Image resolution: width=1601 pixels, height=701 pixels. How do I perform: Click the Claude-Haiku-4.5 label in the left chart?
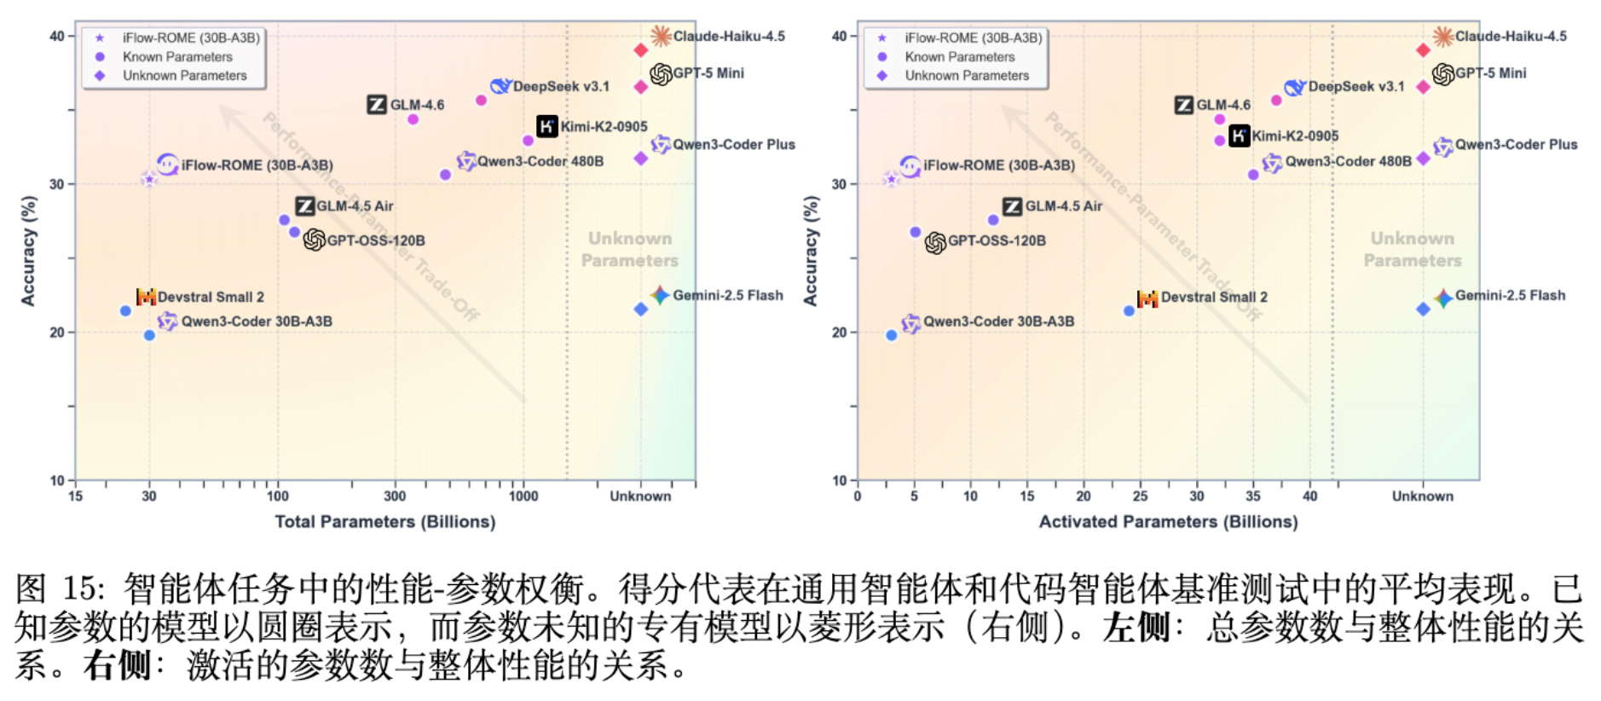coord(729,36)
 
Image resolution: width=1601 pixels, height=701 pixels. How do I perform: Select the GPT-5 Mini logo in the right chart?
coord(1442,74)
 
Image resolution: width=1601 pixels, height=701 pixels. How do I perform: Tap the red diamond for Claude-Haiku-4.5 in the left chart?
coord(641,50)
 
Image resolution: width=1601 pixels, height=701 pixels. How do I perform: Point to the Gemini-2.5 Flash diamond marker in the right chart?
coord(1423,309)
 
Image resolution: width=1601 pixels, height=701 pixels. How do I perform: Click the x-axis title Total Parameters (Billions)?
coord(384,522)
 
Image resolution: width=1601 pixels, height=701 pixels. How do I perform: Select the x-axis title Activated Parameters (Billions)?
coord(1168,522)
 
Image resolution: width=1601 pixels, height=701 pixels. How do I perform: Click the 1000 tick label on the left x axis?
coord(523,496)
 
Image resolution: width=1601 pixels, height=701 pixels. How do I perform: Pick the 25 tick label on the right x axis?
coord(1140,496)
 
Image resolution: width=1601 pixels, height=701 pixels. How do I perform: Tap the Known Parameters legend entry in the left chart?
coord(176,57)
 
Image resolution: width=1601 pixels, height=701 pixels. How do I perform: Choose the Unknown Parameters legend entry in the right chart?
coord(967,76)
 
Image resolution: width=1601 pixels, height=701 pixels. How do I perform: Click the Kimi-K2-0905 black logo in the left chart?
coord(547,126)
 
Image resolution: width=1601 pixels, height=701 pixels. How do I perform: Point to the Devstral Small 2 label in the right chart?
coord(1214,297)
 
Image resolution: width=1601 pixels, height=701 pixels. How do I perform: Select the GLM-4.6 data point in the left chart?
coord(413,119)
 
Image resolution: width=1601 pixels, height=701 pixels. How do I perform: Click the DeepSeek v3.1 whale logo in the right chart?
coord(1295,87)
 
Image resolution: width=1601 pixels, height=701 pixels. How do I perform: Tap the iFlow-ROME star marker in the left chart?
coord(149,179)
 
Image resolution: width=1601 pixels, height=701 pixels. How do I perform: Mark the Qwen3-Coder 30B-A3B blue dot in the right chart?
coord(892,335)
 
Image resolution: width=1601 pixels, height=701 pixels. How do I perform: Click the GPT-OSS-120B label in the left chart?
coord(376,240)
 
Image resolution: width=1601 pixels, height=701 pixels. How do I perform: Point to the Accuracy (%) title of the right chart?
coord(811,251)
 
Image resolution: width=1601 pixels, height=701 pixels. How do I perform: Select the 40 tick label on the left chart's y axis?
coord(57,36)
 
